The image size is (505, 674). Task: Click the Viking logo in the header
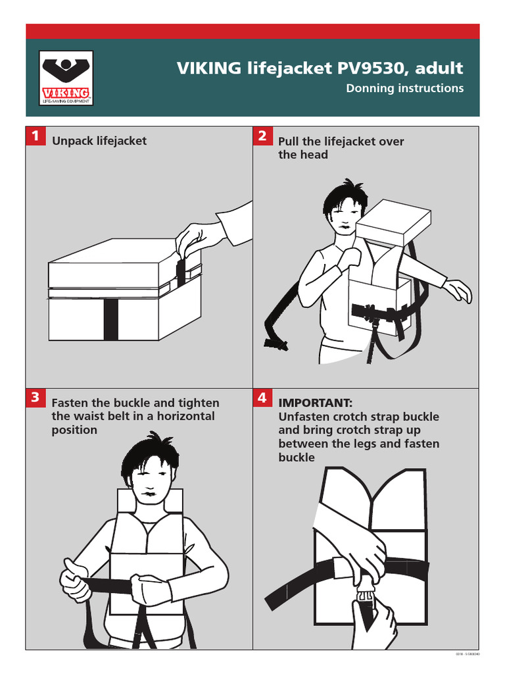point(66,78)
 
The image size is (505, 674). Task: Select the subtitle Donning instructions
point(404,88)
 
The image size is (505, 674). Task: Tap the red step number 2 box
point(262,136)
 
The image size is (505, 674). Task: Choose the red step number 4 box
point(262,398)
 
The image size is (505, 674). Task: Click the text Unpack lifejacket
point(99,141)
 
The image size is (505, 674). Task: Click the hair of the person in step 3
point(150,452)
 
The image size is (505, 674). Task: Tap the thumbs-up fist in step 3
point(74,577)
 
